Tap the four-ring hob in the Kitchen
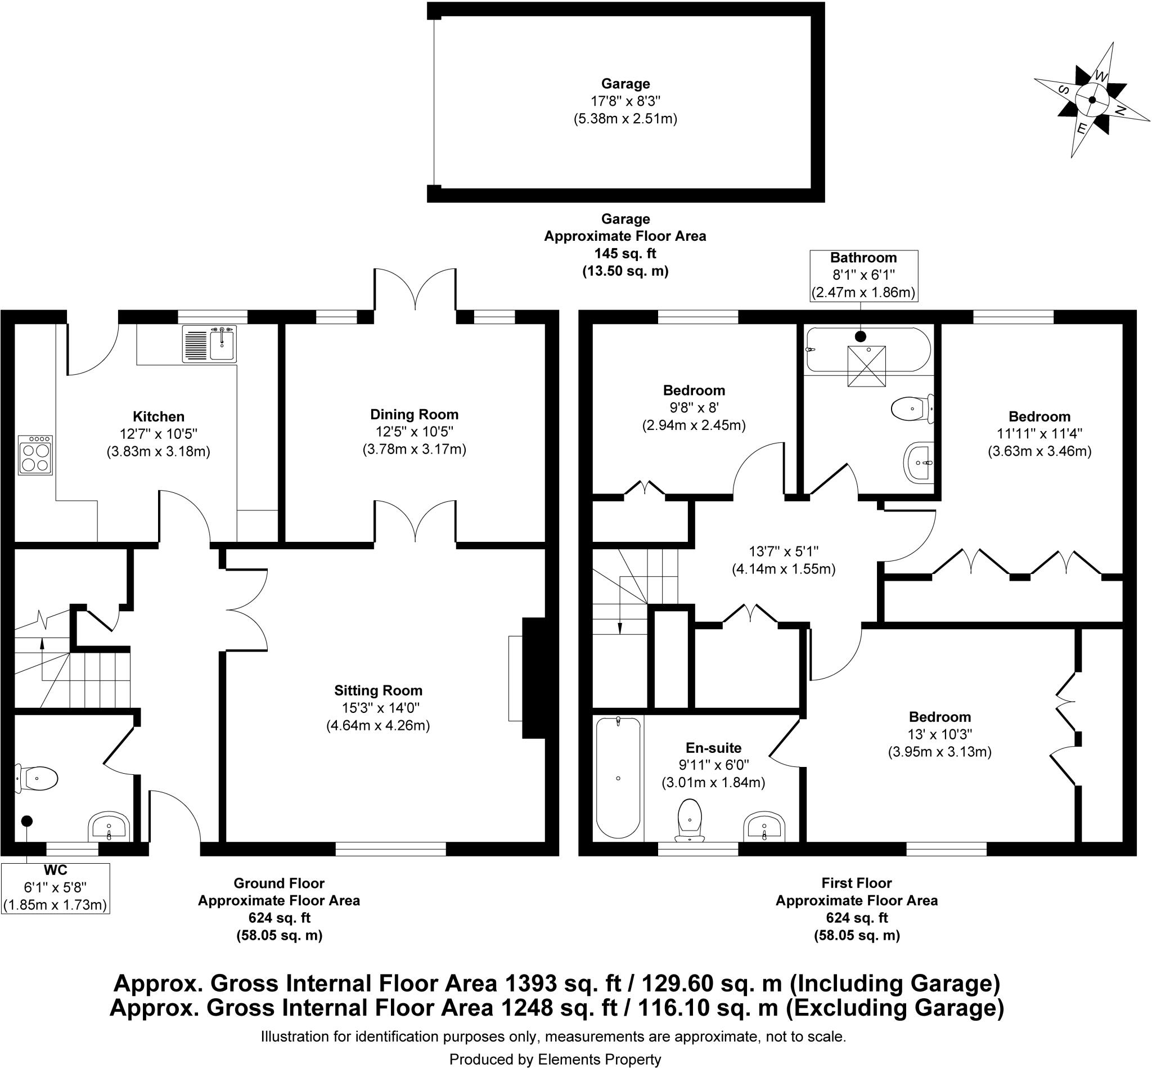[35, 455]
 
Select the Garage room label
[625, 84]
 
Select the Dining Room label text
[414, 414]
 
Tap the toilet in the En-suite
[690, 819]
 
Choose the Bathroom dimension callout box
[863, 275]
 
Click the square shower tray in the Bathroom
[866, 366]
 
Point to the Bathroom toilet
[912, 409]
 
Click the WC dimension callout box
[56, 888]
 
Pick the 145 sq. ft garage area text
[625, 254]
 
